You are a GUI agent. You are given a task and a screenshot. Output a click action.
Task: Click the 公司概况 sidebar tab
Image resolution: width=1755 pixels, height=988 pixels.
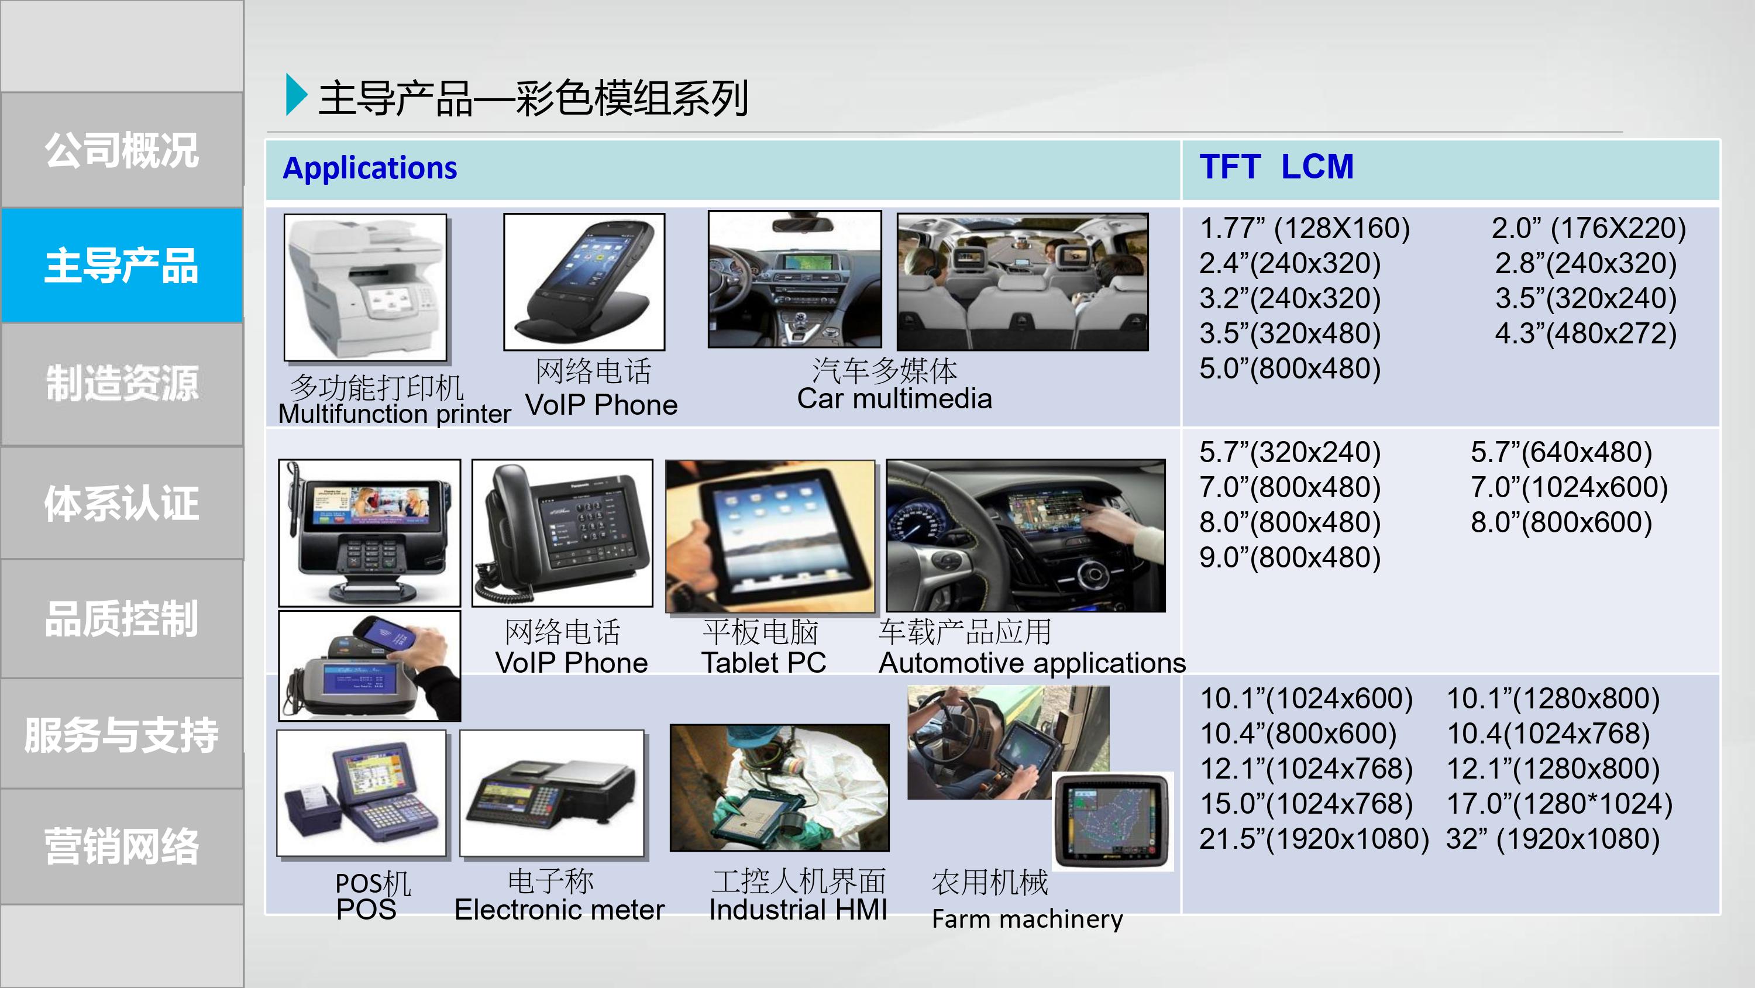point(122,150)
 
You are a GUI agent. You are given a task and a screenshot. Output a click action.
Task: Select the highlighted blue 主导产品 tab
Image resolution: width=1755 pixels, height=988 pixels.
point(122,265)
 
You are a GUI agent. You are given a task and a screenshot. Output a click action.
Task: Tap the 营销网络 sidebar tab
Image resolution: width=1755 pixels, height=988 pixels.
point(122,847)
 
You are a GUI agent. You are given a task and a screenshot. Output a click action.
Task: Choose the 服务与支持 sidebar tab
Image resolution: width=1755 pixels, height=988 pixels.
point(122,734)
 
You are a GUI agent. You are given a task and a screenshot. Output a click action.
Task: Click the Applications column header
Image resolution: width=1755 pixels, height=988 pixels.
point(370,168)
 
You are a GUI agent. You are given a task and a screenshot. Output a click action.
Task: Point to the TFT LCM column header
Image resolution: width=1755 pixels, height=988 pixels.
point(1276,167)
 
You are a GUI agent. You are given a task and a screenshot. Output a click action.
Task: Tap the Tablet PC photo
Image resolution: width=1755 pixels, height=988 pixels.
point(770,536)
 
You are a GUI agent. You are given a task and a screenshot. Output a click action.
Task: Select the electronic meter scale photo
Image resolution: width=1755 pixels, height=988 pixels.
point(552,793)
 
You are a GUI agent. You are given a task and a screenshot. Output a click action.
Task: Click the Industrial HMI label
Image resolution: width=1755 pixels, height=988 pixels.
point(798,910)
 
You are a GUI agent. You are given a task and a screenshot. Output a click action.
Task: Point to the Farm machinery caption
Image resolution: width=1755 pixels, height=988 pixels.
point(1027,919)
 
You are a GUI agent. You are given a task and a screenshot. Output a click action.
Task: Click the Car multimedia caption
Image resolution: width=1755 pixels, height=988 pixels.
point(894,398)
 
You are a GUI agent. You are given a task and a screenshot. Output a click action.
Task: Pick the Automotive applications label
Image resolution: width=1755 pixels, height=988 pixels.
point(1032,663)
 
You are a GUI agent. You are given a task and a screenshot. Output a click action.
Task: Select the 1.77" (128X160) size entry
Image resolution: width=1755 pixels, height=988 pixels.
point(1305,228)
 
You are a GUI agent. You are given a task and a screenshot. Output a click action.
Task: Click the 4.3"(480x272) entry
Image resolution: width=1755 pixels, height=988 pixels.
point(1585,334)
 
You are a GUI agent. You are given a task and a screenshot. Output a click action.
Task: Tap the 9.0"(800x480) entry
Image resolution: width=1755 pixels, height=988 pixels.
point(1290,557)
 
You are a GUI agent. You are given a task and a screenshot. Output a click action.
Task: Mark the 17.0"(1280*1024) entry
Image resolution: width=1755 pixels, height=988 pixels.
point(1560,804)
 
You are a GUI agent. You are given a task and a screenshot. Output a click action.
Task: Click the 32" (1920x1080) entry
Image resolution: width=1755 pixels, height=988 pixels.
point(1553,839)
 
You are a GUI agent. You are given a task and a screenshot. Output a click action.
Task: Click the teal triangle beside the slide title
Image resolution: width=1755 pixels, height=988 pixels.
point(297,94)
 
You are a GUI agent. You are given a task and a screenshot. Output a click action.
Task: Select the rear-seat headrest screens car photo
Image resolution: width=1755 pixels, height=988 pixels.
point(1023,282)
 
